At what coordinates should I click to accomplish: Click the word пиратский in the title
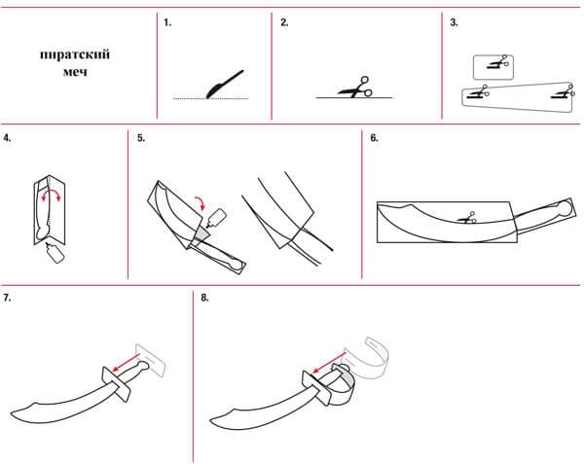[x=74, y=54]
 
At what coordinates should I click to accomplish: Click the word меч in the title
[x=74, y=71]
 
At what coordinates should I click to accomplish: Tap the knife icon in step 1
[x=224, y=86]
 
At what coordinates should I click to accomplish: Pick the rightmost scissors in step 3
[x=559, y=93]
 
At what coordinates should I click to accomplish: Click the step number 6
[x=374, y=139]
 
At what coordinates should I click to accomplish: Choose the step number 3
[x=454, y=21]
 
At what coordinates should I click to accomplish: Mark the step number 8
[x=204, y=297]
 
